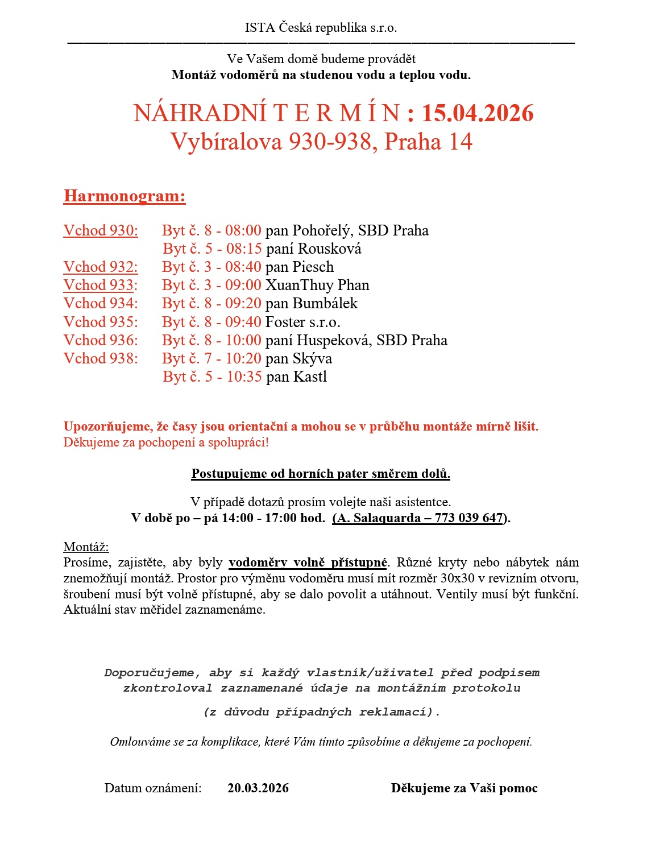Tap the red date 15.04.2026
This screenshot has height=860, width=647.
(478, 113)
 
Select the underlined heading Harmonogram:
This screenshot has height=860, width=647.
(125, 196)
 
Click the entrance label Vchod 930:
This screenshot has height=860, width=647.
(101, 231)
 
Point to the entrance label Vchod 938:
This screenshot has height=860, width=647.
(101, 359)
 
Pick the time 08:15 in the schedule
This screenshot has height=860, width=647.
(244, 249)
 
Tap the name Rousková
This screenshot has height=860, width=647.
(330, 249)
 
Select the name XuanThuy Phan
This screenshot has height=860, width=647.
(317, 286)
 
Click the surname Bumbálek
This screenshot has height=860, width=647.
(325, 304)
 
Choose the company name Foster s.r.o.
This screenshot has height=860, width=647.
(303, 323)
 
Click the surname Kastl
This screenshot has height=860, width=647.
(310, 377)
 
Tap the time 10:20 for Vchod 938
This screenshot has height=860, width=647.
(244, 359)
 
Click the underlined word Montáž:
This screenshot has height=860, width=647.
(86, 547)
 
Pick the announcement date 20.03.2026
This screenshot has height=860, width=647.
(258, 788)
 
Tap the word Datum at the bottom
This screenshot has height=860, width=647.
(123, 788)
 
